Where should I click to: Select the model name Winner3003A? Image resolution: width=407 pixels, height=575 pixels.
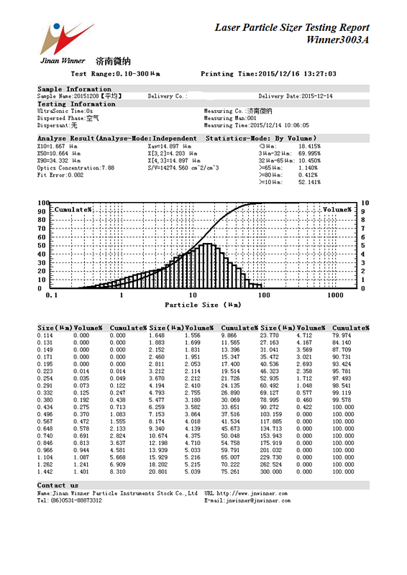click(x=337, y=40)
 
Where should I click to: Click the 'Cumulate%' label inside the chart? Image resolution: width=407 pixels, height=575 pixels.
click(x=73, y=209)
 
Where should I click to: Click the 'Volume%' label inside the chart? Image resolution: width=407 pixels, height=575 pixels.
click(x=337, y=209)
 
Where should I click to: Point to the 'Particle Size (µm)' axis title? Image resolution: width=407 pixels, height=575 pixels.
click(x=203, y=305)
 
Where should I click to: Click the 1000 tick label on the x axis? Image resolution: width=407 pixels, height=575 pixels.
click(x=334, y=295)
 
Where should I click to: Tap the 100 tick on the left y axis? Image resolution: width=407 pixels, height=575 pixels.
click(x=43, y=203)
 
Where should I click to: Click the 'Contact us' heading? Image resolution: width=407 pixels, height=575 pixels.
click(x=58, y=486)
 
